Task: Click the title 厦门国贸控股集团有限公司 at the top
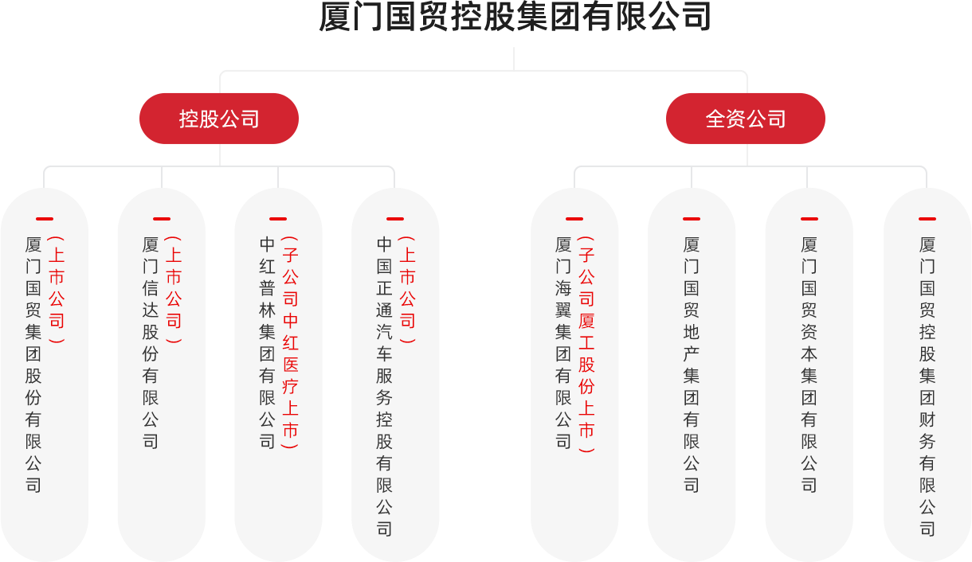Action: tap(514, 18)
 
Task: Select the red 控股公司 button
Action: tap(219, 119)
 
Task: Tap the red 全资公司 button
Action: tap(746, 119)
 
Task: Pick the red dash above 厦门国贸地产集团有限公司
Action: tap(691, 218)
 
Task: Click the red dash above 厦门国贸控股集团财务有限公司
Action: tap(927, 218)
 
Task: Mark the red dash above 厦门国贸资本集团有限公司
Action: tap(809, 218)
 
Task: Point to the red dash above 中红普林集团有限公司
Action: tap(278, 218)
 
